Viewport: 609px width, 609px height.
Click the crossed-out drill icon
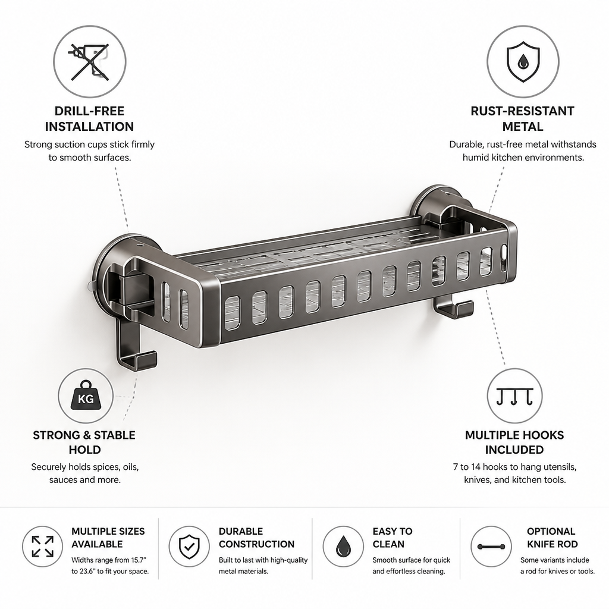(89, 61)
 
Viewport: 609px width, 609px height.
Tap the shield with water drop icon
(523, 62)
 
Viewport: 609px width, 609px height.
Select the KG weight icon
(86, 395)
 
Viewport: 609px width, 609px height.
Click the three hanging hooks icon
(514, 397)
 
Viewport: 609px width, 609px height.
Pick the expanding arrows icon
(42, 547)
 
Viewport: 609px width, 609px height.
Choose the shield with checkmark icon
(189, 547)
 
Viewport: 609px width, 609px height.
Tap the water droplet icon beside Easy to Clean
(343, 547)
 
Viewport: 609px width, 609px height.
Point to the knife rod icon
(491, 547)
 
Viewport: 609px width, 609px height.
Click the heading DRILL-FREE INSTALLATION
(89, 119)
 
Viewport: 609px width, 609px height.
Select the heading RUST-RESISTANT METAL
(522, 119)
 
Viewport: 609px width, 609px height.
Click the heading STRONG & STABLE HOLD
(84, 442)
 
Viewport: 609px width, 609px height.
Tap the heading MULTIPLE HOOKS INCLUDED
(514, 442)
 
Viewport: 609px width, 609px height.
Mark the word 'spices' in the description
(109, 467)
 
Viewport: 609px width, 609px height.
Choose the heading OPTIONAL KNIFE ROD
(551, 538)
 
